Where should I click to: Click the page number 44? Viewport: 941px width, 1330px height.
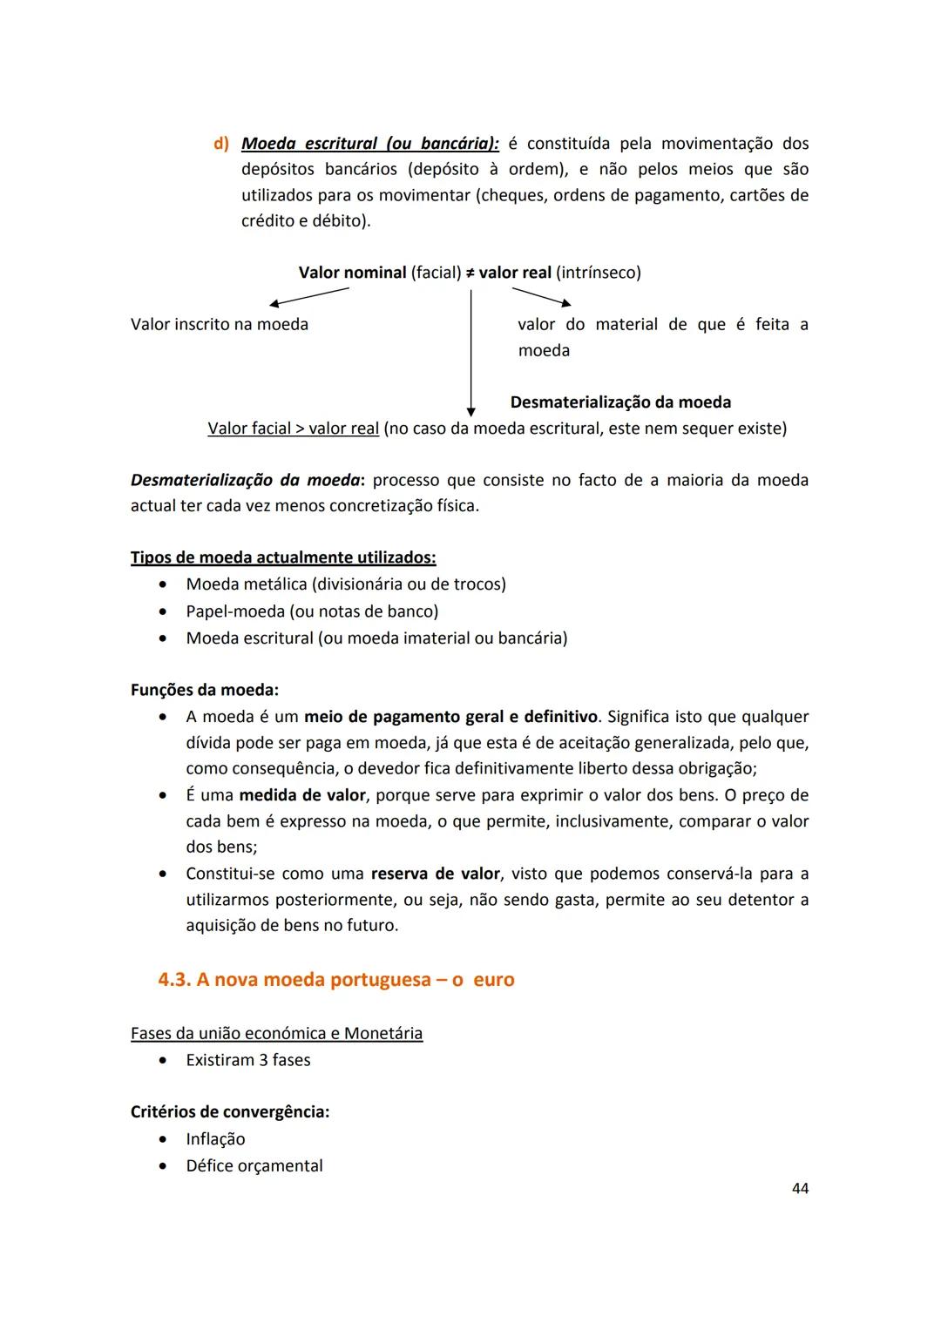(800, 1188)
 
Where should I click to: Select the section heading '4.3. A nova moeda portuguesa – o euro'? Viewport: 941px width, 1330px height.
(335, 980)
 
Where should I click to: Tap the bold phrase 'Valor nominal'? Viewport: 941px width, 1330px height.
(352, 273)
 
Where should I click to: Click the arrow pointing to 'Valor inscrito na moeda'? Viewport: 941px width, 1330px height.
(309, 296)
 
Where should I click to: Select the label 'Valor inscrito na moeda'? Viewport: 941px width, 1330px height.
(220, 325)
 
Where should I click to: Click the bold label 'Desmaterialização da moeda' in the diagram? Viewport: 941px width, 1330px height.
(620, 402)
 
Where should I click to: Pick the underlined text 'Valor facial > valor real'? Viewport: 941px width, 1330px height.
(293, 429)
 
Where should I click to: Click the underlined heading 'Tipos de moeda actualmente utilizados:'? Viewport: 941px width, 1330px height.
(283, 557)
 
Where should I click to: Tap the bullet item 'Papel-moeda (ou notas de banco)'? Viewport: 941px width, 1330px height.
(312, 611)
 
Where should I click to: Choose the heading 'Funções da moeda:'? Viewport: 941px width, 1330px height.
(205, 690)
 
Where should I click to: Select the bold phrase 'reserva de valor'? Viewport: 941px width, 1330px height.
(436, 874)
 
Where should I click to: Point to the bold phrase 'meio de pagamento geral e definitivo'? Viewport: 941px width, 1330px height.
(450, 717)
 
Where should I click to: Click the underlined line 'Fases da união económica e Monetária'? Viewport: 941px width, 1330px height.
(276, 1034)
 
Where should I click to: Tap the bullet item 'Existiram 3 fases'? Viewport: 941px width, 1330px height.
(247, 1060)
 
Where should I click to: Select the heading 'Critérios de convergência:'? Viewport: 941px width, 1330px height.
(230, 1112)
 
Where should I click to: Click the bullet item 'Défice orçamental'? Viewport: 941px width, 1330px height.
(254, 1166)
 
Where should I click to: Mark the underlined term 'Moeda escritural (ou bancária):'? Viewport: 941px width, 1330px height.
(369, 144)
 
